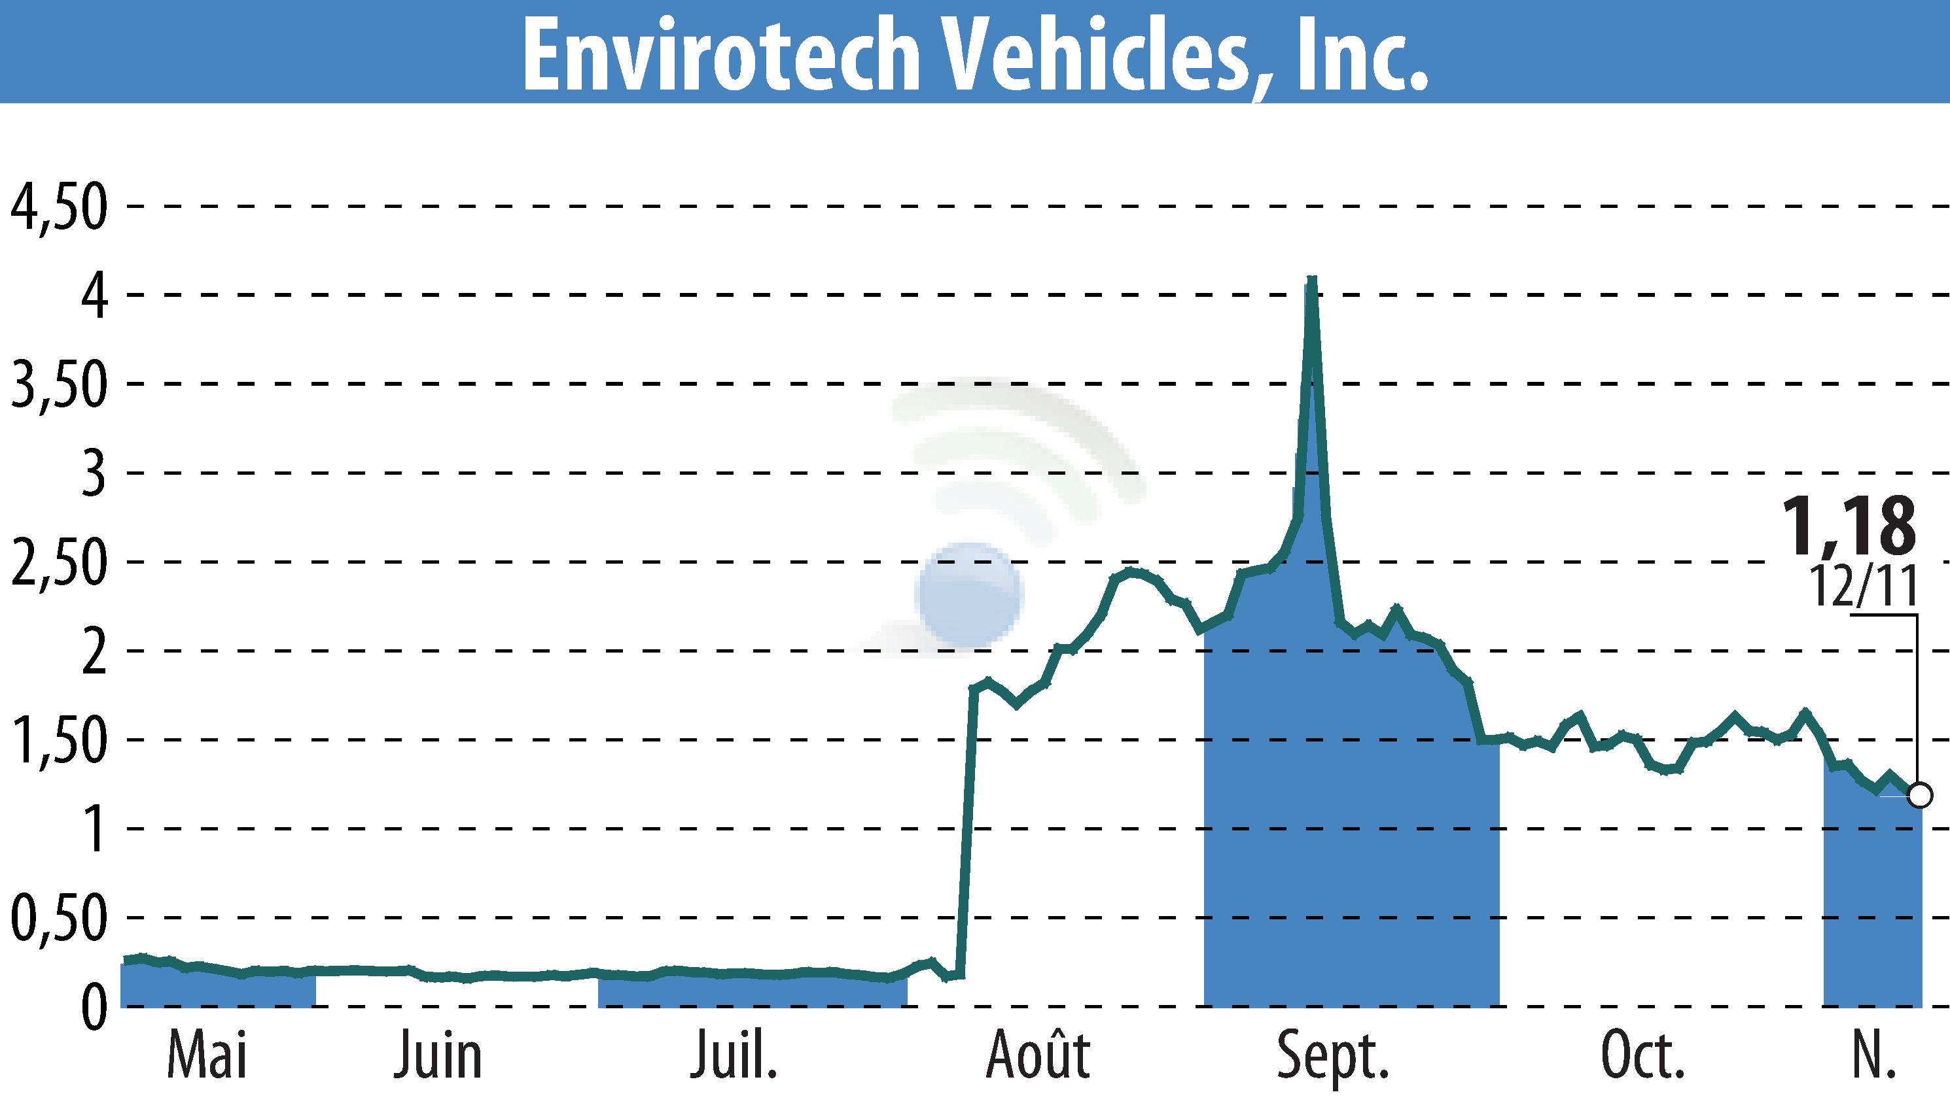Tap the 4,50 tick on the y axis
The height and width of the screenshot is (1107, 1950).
point(57,207)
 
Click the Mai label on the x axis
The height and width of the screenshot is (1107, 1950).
point(207,1057)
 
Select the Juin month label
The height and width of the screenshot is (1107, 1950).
point(438,1057)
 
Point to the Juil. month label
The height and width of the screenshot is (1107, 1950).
point(734,1057)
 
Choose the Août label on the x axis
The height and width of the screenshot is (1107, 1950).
point(1038,1057)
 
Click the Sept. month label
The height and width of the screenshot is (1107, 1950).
point(1333,1057)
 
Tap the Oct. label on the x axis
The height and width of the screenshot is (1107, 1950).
point(1643,1057)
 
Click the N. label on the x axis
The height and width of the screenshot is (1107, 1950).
point(1871,1057)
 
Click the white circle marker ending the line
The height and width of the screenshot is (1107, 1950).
point(1921,796)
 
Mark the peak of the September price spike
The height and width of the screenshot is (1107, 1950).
point(1311,280)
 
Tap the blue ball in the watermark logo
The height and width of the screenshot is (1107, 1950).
point(968,594)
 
